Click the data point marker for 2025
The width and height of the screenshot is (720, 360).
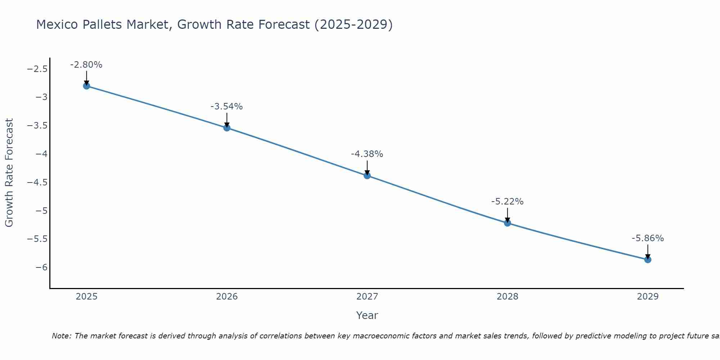pos(86,86)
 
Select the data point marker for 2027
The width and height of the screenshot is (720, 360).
pos(367,176)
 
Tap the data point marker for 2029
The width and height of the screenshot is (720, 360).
pos(648,260)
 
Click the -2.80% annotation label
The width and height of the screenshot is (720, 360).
pos(86,65)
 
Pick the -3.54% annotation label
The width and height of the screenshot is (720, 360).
pos(226,107)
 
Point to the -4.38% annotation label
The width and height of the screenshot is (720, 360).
pos(367,154)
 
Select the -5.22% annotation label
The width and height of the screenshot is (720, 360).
pos(507,202)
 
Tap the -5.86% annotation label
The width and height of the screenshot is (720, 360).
pos(648,238)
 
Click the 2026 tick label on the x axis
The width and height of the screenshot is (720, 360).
pos(227,297)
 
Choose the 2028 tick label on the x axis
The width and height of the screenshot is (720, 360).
pos(507,297)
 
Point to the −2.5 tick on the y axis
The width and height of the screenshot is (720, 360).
pos(37,69)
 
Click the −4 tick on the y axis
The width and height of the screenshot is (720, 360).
pos(41,154)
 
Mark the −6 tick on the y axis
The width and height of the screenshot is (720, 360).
pos(41,267)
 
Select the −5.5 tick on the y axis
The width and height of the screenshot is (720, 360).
pos(37,239)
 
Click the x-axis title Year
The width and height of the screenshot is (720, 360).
pos(367,315)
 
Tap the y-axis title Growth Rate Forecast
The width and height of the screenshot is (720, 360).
pos(9,173)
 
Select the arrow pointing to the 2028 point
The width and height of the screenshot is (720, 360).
pos(507,215)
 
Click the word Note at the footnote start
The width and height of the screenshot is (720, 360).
pos(62,336)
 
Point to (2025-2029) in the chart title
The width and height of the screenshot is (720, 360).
pos(353,24)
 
